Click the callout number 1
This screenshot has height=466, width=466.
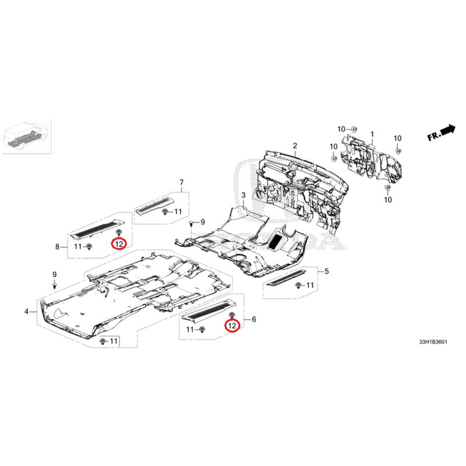372,135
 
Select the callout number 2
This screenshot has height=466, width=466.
295,146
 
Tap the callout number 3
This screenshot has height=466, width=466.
243,195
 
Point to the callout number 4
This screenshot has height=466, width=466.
27,312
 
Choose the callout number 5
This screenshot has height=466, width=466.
327,271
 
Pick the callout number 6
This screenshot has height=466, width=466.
254,319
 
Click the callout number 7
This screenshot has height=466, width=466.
181,182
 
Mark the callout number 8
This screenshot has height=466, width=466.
57,246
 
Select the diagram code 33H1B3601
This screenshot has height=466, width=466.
433,342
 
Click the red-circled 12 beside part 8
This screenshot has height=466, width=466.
119,244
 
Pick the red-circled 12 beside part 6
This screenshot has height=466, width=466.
232,326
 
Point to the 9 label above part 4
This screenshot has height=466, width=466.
54,274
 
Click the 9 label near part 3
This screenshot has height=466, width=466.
203,222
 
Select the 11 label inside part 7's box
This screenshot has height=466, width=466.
178,211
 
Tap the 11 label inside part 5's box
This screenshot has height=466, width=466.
310,285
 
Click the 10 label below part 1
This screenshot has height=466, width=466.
388,199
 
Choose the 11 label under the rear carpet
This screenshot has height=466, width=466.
114,341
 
